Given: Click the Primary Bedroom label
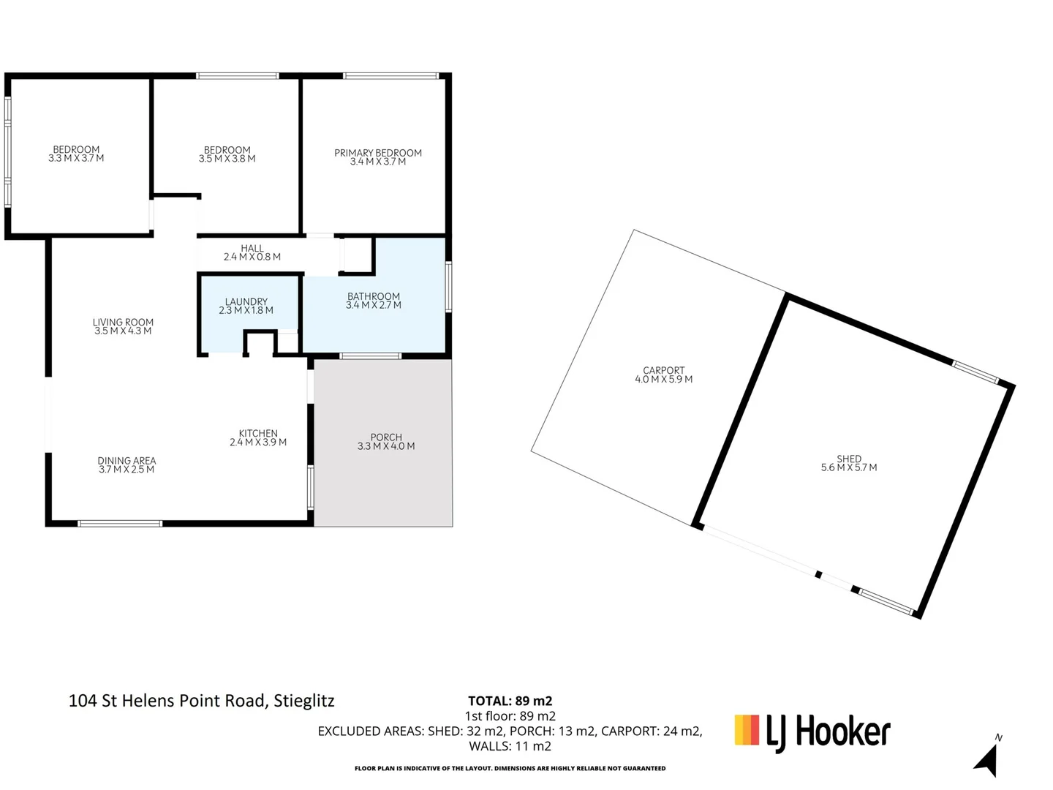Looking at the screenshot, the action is point(377,153).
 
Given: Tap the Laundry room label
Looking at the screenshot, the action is point(246,301).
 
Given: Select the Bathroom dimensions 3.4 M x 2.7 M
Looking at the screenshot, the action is point(373,305).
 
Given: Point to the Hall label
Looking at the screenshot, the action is point(252,248).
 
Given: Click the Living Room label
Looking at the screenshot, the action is point(123,322).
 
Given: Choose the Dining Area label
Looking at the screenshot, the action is point(127,461).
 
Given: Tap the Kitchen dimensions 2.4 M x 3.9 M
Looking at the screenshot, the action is point(258,443).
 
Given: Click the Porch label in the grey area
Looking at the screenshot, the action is point(386,437).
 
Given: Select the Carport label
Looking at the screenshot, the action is point(663,370).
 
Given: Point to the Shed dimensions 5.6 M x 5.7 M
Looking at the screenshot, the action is point(849,467).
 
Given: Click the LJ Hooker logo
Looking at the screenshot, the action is point(812,733).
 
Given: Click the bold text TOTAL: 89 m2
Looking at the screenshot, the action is point(510,701).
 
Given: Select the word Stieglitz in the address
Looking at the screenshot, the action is point(303,701).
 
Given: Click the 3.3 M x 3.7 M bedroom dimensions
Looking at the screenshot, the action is point(76,158).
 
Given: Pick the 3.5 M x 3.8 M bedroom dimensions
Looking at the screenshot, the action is point(227,159).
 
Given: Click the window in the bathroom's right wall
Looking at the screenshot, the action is point(448,287).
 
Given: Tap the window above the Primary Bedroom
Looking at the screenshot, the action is point(391,76).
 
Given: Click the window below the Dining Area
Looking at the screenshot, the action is point(120,524).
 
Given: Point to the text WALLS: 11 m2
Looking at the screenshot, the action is point(510,746).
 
